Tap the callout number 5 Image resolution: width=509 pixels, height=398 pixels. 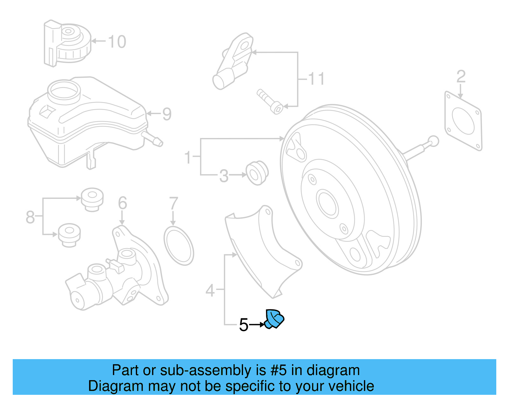[x=243, y=325]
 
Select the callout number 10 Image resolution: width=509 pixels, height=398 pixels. [x=117, y=42]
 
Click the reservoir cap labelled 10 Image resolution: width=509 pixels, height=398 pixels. [x=67, y=43]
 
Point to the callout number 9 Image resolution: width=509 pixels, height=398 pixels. [x=167, y=114]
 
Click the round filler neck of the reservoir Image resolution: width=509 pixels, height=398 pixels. [x=64, y=90]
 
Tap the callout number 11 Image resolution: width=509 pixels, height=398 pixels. [x=316, y=79]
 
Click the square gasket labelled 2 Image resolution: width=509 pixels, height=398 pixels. [x=463, y=121]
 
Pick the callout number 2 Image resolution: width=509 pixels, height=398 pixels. [x=461, y=77]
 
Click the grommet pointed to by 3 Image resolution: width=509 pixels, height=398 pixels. [x=257, y=173]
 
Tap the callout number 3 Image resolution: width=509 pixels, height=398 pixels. [x=224, y=176]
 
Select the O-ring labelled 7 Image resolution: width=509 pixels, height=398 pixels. [x=178, y=246]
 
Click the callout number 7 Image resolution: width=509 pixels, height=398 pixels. [x=173, y=204]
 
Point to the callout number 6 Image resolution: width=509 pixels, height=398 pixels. [x=122, y=203]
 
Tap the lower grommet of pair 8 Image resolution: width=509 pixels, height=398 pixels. [x=69, y=235]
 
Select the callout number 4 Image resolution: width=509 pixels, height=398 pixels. [x=210, y=290]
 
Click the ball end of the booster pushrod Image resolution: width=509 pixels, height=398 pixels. [x=433, y=141]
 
